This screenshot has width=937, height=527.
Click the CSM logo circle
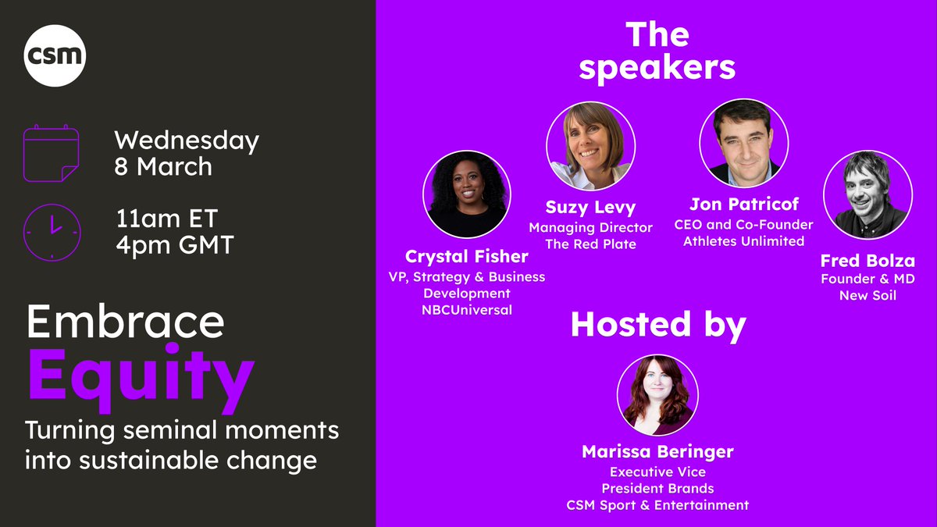click(x=55, y=55)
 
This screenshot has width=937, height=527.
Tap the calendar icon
click(x=51, y=154)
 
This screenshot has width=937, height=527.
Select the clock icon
click(x=51, y=232)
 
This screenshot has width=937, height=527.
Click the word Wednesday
click(x=187, y=141)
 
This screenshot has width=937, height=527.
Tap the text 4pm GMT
click(x=174, y=245)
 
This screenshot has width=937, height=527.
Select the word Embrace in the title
click(x=126, y=322)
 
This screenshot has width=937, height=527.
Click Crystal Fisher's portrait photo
click(x=466, y=194)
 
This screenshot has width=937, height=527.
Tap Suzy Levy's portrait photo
click(x=590, y=146)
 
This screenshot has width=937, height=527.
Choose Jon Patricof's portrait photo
click(x=743, y=141)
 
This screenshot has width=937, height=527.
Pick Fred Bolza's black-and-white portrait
click(x=867, y=194)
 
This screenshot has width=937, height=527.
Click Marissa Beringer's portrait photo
click(x=657, y=395)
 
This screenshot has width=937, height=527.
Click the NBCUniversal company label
click(x=466, y=311)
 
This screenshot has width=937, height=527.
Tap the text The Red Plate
click(x=590, y=244)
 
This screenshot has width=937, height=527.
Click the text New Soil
click(x=867, y=295)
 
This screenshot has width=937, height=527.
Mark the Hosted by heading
click(x=658, y=325)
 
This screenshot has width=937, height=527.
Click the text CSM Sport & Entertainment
click(x=657, y=505)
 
